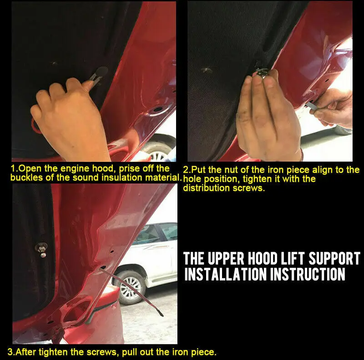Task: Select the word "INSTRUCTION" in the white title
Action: point(308,274)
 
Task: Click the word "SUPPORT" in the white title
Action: point(334,258)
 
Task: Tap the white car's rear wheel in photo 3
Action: point(130,288)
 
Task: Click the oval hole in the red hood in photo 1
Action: point(158,109)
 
